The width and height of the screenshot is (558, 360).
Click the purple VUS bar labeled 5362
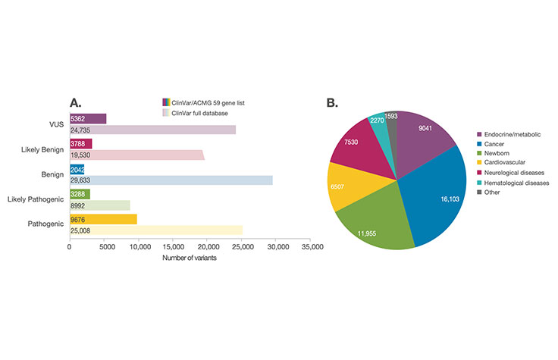tap(88, 119)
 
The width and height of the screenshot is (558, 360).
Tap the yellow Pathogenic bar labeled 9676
tap(103, 219)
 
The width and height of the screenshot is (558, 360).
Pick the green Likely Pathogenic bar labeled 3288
tap(80, 194)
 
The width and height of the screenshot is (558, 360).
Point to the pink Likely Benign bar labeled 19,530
tap(137, 155)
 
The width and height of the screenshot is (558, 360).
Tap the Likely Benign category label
tap(42, 149)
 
